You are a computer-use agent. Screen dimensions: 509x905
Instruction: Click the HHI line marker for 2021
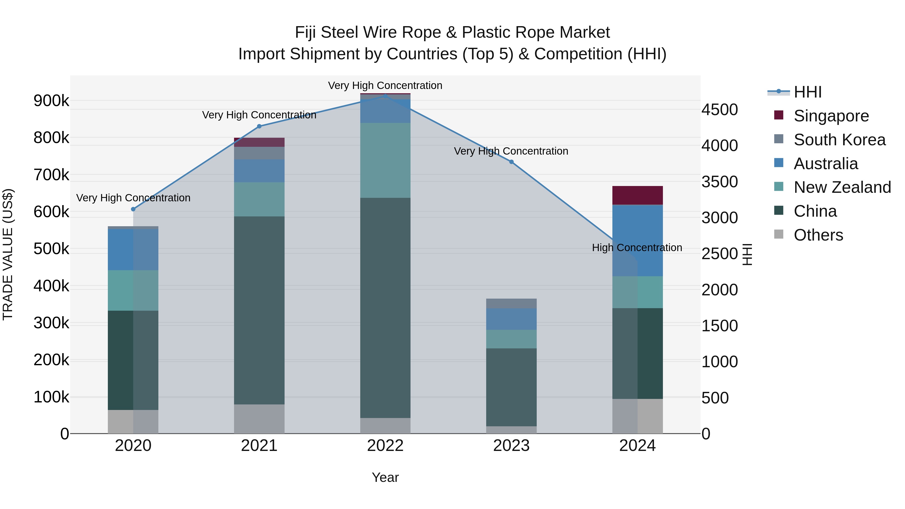[259, 126]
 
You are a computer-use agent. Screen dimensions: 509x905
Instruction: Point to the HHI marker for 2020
[133, 209]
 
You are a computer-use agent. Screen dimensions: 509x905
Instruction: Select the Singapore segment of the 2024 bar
[637, 195]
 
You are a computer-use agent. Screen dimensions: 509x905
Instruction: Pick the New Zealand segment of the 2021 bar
[259, 199]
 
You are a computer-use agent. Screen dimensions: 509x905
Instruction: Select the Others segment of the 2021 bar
[259, 419]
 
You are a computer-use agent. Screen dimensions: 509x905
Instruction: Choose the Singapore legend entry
[831, 116]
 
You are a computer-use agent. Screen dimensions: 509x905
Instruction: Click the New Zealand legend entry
[842, 187]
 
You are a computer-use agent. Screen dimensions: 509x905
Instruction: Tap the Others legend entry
[818, 235]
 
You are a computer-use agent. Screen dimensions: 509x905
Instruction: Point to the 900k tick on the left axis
[51, 101]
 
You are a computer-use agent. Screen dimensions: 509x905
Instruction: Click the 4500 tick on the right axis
[719, 110]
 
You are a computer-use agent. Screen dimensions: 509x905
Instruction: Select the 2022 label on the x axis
[385, 446]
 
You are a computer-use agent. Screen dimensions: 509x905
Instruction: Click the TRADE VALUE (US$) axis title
[8, 254]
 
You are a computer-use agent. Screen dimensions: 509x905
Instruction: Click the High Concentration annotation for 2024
[637, 248]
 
